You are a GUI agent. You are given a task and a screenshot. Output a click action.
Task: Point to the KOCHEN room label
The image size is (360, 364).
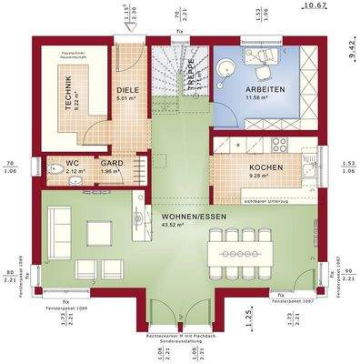tap(266, 168)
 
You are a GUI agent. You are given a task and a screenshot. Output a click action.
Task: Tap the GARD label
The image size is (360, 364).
tap(112, 163)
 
